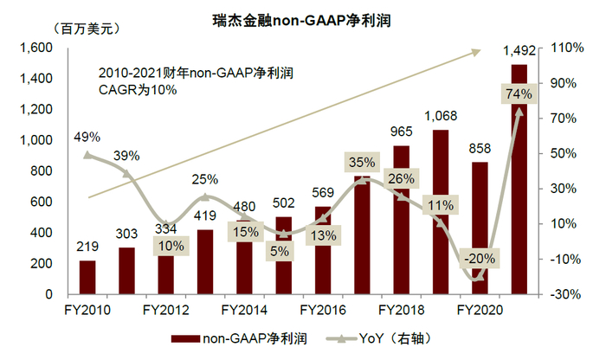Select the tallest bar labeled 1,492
click(519, 190)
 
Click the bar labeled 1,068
click(441, 212)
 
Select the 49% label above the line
click(87, 137)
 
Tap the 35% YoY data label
click(361, 162)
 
